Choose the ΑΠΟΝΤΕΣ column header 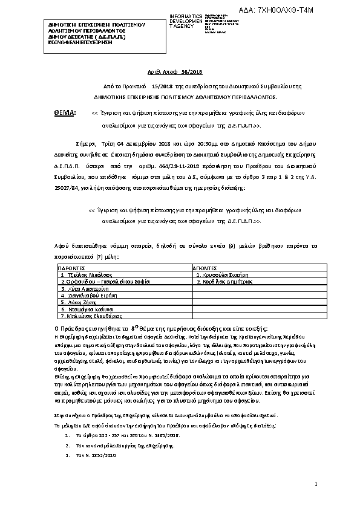tap(208, 267)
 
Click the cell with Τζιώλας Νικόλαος tap(87, 274)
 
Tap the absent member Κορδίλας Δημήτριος tap(223, 281)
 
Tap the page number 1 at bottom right tap(316, 484)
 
